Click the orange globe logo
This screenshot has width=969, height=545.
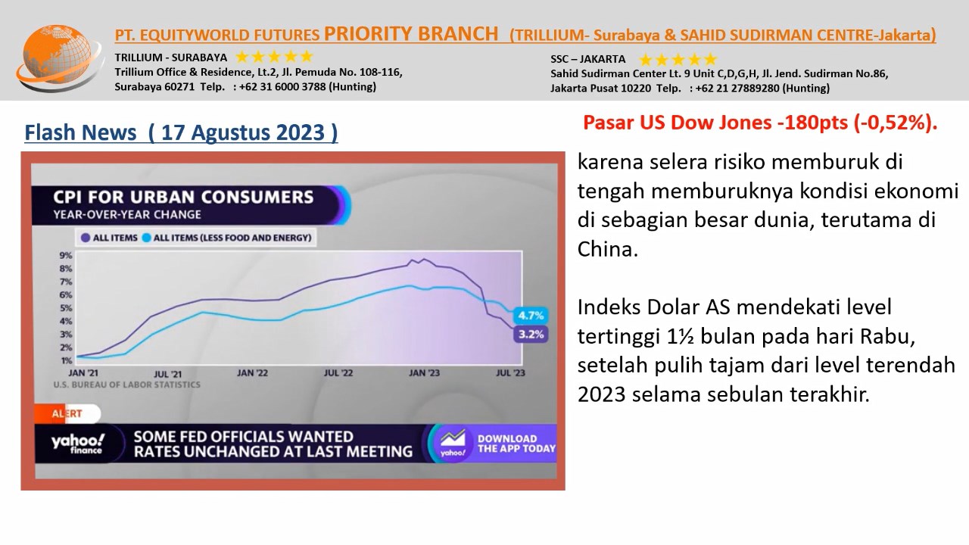pyautogui.click(x=58, y=58)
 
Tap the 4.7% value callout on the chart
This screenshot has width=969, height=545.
pyautogui.click(x=531, y=316)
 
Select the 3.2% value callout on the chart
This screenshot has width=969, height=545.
pyautogui.click(x=531, y=335)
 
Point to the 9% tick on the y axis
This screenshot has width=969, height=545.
pyautogui.click(x=66, y=256)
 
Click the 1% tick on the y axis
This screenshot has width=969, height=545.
pyautogui.click(x=66, y=360)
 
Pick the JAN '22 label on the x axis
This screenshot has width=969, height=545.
pyautogui.click(x=252, y=373)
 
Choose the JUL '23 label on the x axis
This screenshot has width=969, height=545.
pyautogui.click(x=510, y=373)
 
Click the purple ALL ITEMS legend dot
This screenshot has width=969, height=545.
pyautogui.click(x=86, y=238)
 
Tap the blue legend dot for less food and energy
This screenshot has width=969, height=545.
pyautogui.click(x=147, y=238)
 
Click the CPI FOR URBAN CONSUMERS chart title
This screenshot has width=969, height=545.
pyautogui.click(x=183, y=198)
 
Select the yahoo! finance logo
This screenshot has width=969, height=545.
pyautogui.click(x=78, y=444)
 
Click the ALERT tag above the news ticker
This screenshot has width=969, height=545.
pyautogui.click(x=67, y=413)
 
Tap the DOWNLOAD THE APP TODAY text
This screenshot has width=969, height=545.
pyautogui.click(x=516, y=444)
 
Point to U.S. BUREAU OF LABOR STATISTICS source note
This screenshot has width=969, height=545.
pyautogui.click(x=126, y=385)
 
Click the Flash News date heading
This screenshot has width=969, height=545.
pyautogui.click(x=181, y=132)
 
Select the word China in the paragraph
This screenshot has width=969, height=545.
pyautogui.click(x=608, y=249)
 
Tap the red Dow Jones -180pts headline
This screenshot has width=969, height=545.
pyautogui.click(x=760, y=123)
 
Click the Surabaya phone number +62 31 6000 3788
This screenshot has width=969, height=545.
pyautogui.click(x=282, y=86)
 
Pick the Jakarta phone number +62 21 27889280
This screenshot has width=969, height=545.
pyautogui.click(x=737, y=89)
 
